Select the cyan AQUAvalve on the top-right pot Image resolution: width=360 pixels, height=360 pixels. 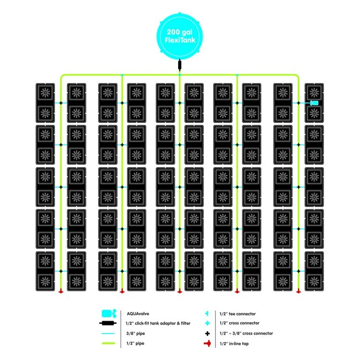(x=314, y=103)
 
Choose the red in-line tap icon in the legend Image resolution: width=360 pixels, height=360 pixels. (x=207, y=343)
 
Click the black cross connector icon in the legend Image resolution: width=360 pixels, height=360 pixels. (x=207, y=333)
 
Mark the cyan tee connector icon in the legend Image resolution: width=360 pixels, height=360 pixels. (x=207, y=313)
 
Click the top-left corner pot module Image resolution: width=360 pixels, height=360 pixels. (x=45, y=103)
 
